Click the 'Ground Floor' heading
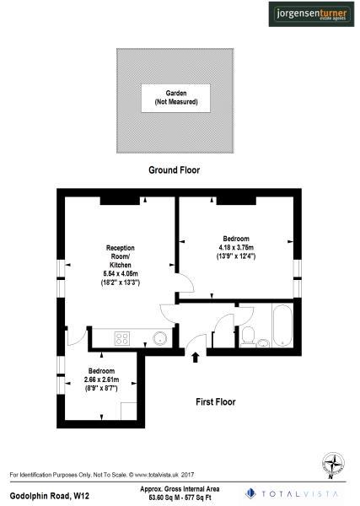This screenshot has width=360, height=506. (174, 170)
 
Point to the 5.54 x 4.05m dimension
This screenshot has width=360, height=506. (120, 273)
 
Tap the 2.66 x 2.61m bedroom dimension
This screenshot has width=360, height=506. (99, 381)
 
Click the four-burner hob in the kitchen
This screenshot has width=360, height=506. (121, 339)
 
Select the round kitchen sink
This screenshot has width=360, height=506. (158, 339)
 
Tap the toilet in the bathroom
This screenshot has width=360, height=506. (248, 337)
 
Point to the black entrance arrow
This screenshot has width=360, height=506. (196, 358)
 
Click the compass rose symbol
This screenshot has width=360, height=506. (336, 463)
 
